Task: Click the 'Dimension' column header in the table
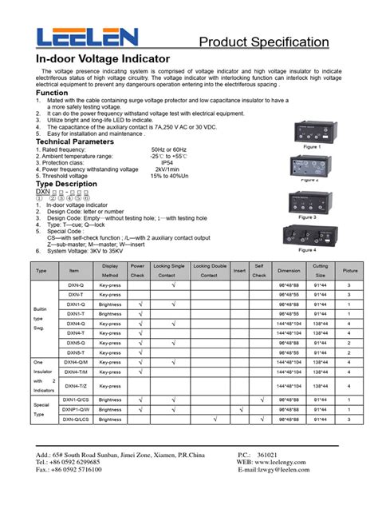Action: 289,270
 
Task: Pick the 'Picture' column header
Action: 350,270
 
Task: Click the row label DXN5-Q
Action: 76,342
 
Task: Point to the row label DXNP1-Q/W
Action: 77,408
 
